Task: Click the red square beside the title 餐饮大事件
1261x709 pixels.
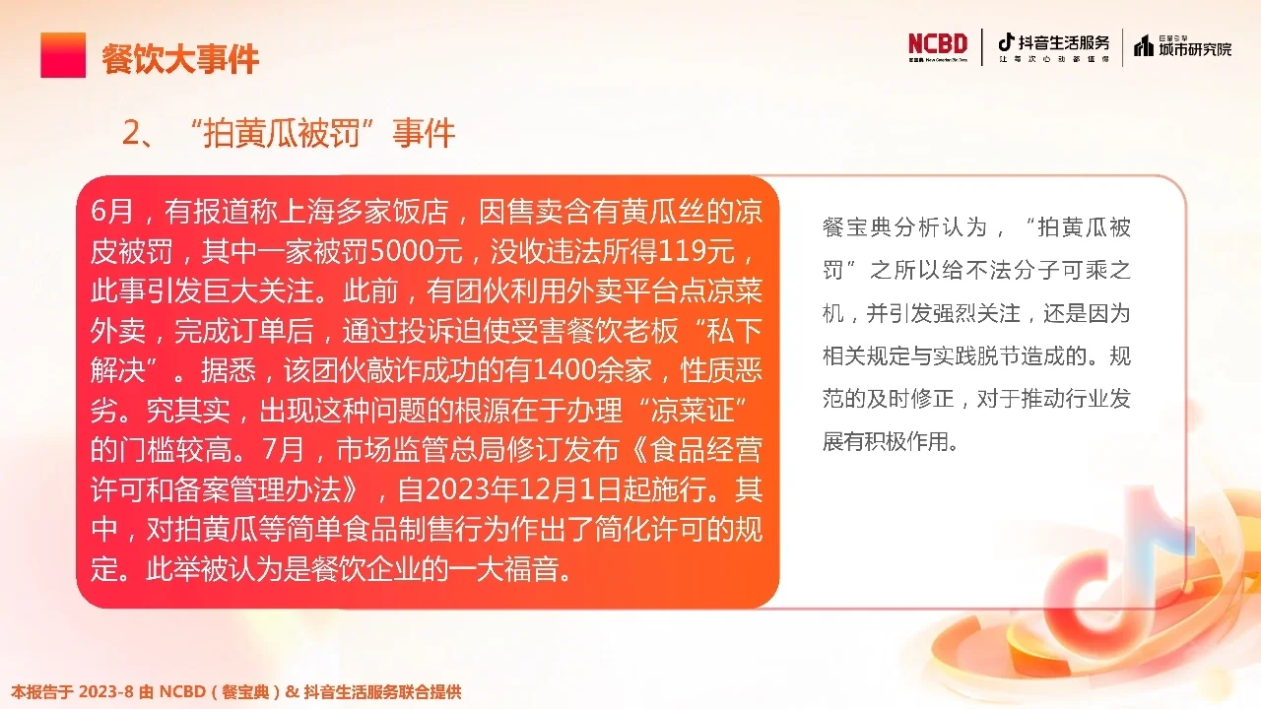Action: [63, 55]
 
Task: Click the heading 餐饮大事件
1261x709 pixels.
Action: [180, 58]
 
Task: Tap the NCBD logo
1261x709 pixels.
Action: [938, 45]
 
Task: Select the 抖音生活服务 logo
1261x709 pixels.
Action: [1053, 45]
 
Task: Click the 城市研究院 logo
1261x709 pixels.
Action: [1182, 45]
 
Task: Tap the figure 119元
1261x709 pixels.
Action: [694, 252]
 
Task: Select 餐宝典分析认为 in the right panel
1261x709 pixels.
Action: [891, 227]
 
